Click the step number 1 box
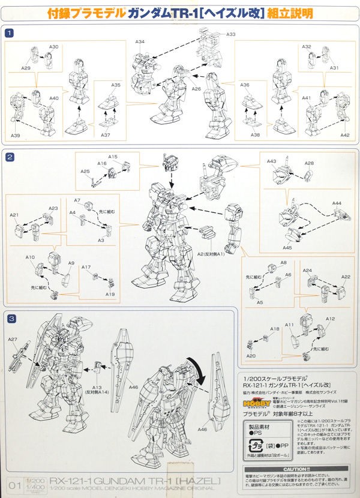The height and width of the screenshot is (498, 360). tap(9, 34)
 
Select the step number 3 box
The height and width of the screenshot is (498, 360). tap(9, 317)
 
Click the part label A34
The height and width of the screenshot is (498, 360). tap(140, 42)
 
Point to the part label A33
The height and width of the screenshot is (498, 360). tap(231, 35)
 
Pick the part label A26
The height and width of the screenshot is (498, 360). tap(196, 89)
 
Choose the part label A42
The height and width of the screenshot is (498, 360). tap(344, 136)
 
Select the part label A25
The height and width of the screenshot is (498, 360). tap(85, 172)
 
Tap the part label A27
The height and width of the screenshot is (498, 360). tap(13, 340)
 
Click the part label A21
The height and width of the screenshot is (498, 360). tap(14, 215)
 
